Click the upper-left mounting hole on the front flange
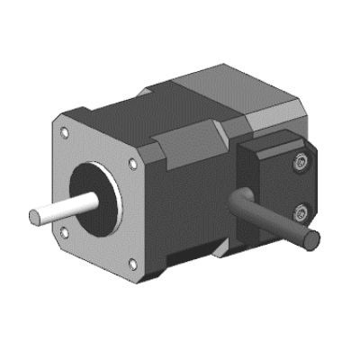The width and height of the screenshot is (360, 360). pyautogui.click(x=64, y=131)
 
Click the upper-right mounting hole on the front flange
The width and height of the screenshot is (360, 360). pyautogui.click(x=133, y=165)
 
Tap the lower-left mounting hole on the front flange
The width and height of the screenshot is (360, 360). pyautogui.click(x=64, y=232)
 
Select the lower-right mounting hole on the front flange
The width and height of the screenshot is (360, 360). pyautogui.click(x=132, y=263)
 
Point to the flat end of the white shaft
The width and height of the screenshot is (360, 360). pyautogui.click(x=34, y=217)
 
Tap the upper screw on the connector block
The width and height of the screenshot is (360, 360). pyautogui.click(x=300, y=163)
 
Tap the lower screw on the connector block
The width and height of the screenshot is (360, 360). pyautogui.click(x=300, y=212)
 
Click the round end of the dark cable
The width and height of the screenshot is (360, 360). pyautogui.click(x=310, y=240)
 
